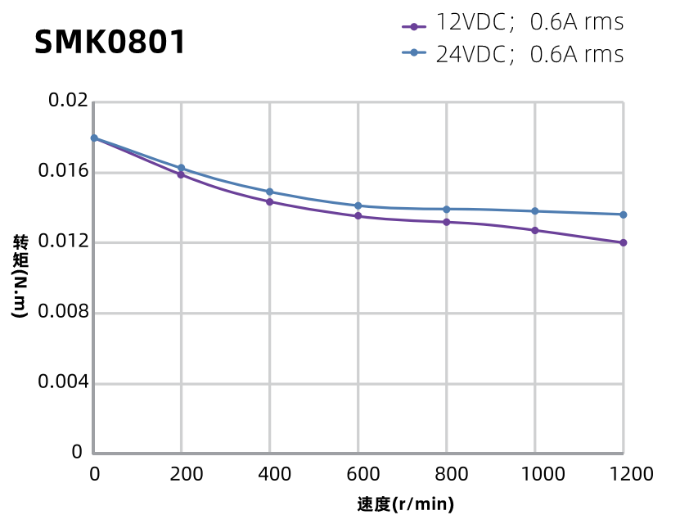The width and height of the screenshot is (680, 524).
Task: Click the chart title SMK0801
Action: pyautogui.click(x=110, y=43)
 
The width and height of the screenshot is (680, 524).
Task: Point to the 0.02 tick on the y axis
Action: pyautogui.click(x=68, y=101)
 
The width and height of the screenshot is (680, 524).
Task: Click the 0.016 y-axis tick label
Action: pyautogui.click(x=63, y=172)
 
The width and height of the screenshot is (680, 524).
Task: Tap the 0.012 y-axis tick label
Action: pyautogui.click(x=63, y=242)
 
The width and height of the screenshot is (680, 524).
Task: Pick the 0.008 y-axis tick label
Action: pyautogui.click(x=63, y=313)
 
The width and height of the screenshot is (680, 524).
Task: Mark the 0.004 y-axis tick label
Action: pyautogui.click(x=63, y=382)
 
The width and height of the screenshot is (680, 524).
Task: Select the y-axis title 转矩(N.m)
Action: pyautogui.click(x=20, y=276)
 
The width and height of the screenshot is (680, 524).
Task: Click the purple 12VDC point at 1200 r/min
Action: pyautogui.click(x=624, y=242)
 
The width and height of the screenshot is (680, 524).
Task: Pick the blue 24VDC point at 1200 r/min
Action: pyautogui.click(x=624, y=215)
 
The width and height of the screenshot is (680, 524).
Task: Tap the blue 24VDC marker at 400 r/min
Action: pyautogui.click(x=269, y=192)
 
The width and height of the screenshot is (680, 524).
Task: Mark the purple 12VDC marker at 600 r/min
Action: pyautogui.click(x=358, y=216)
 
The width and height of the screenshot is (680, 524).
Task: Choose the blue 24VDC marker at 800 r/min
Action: pyautogui.click(x=446, y=209)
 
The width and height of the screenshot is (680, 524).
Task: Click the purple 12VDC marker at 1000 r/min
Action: pyautogui.click(x=535, y=230)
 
